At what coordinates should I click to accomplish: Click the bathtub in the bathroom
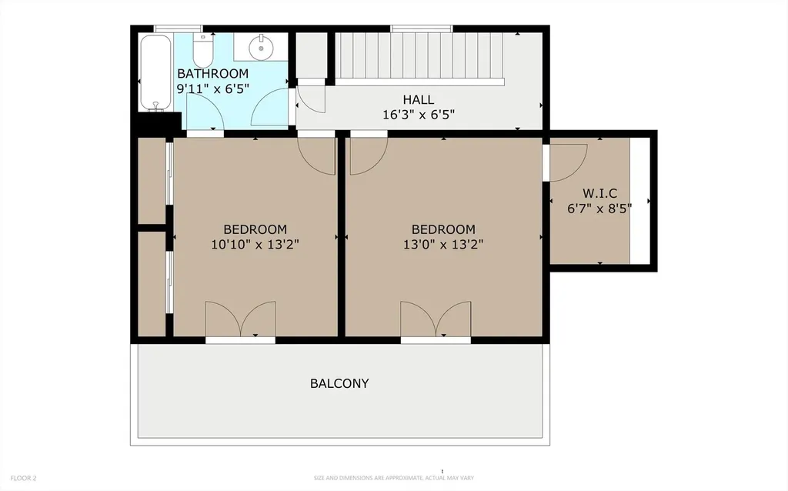pos(155,72)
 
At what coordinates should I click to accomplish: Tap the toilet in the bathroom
pos(203,50)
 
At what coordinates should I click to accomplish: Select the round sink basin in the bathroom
pos(261,45)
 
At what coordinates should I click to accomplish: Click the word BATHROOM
pos(212,73)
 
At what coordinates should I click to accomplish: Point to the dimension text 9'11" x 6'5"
pos(212,89)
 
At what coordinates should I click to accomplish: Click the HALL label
pos(418,99)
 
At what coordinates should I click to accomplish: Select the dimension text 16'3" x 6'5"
pos(418,115)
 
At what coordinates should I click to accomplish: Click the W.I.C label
pos(599,193)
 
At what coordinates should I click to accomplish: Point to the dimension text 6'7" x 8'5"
pos(599,208)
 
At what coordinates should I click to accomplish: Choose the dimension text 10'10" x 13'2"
pos(255,245)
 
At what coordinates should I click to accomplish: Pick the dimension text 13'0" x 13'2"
pos(443,245)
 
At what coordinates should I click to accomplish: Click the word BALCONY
pos(339,383)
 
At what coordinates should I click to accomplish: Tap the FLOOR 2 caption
pos(23,478)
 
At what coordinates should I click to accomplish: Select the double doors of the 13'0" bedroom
pos(436,319)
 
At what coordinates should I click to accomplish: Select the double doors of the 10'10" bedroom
pos(240,319)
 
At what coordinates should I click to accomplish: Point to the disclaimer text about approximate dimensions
pos(393,478)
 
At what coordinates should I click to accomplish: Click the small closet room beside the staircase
pos(311,55)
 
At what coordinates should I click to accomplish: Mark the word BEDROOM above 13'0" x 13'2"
pos(443,229)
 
